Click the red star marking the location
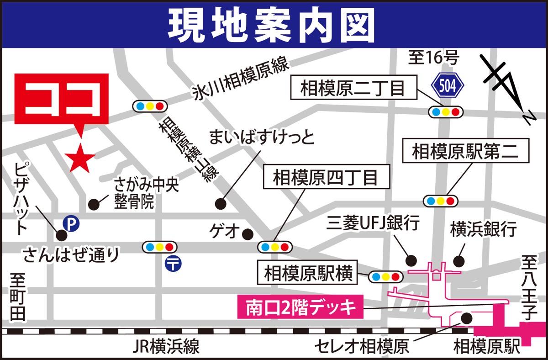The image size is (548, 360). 80,158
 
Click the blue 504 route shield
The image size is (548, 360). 448,85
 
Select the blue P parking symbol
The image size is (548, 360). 71,223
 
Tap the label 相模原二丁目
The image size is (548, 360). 353,88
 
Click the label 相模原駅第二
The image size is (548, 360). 465,151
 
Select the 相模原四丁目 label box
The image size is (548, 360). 326,177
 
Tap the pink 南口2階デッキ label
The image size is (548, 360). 300,307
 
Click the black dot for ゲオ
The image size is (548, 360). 248,234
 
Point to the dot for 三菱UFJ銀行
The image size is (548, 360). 411,260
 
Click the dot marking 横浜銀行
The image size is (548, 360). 458,261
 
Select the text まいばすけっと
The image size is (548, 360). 262,137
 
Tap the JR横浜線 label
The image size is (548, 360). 166,347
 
